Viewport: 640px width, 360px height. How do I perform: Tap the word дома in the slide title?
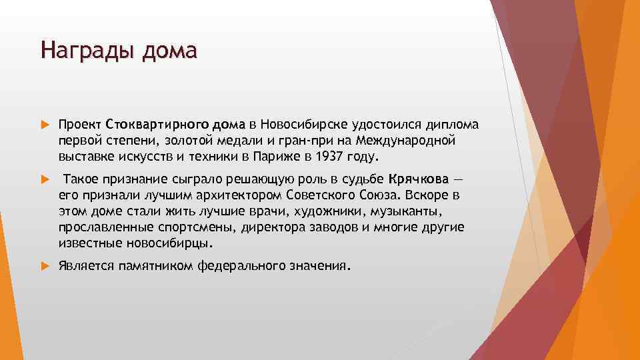[x=169, y=50]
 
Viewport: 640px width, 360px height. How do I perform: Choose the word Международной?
[x=408, y=141]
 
